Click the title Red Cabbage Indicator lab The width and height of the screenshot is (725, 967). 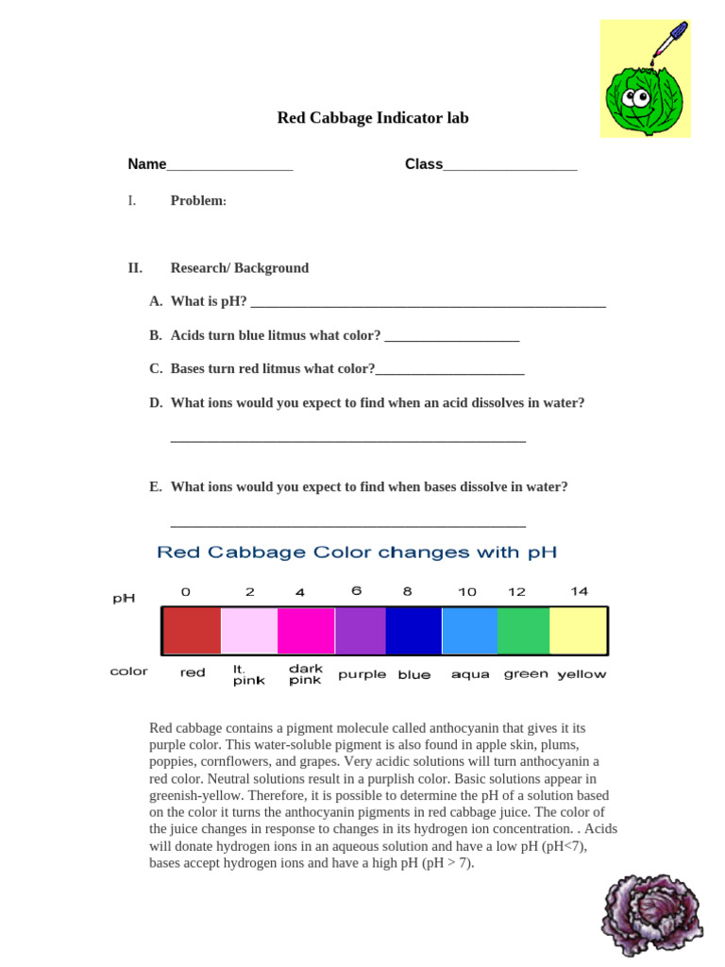point(372,118)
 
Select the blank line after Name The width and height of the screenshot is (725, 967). point(229,166)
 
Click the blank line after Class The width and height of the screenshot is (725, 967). point(510,166)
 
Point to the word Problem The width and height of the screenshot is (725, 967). point(197,201)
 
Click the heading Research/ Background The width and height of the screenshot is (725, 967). point(239,268)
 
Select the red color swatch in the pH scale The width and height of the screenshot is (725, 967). point(192,631)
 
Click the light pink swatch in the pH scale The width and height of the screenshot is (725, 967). point(249,631)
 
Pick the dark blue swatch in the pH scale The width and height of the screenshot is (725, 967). point(413,631)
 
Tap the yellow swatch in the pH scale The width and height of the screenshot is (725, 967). point(578,631)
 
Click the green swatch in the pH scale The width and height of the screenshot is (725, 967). point(523,631)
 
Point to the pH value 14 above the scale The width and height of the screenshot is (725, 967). point(579,591)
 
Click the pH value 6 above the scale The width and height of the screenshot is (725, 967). point(356,591)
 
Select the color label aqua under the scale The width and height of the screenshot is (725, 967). point(470,674)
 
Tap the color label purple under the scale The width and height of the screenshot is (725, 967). point(362,674)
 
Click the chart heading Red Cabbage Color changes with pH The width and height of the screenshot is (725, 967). point(356,551)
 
